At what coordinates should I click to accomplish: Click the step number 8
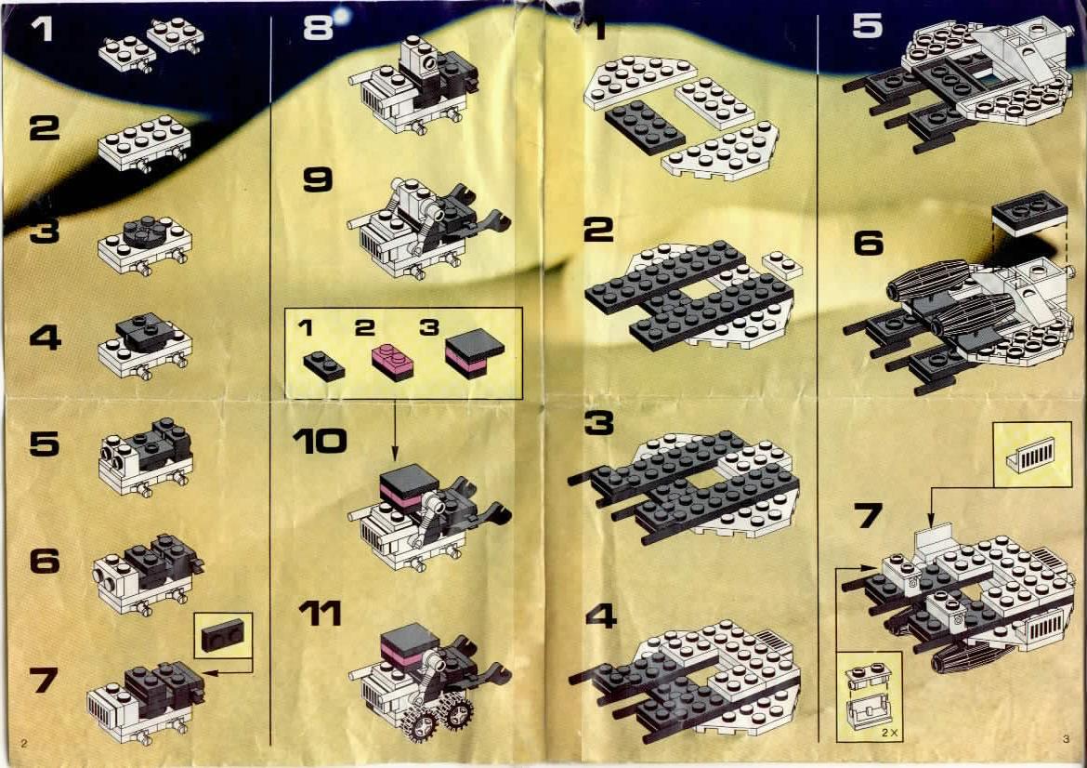click(318, 29)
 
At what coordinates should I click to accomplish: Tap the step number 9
click(318, 179)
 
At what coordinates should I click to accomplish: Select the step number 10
click(320, 441)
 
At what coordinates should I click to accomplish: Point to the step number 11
click(320, 614)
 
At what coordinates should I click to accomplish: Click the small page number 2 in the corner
click(24, 744)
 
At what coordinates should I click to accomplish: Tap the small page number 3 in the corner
click(1066, 739)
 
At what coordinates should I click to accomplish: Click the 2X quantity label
click(889, 732)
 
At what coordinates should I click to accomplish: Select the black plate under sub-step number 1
click(323, 365)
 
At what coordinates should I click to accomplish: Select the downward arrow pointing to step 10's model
click(394, 430)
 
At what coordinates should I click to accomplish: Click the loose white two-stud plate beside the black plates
click(782, 264)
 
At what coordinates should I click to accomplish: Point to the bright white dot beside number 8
click(342, 13)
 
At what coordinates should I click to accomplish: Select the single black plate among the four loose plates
click(646, 126)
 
